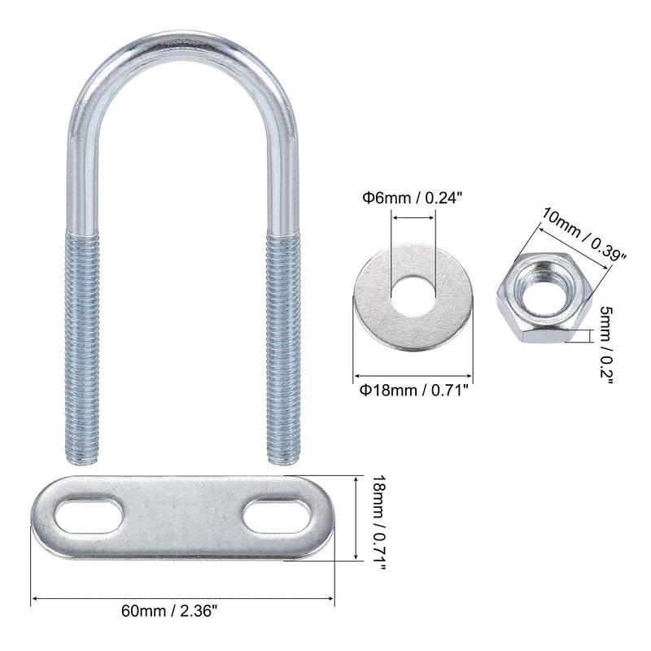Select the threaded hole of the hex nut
point(540,291)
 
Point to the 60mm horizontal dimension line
point(184,601)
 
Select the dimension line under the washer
point(413,377)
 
